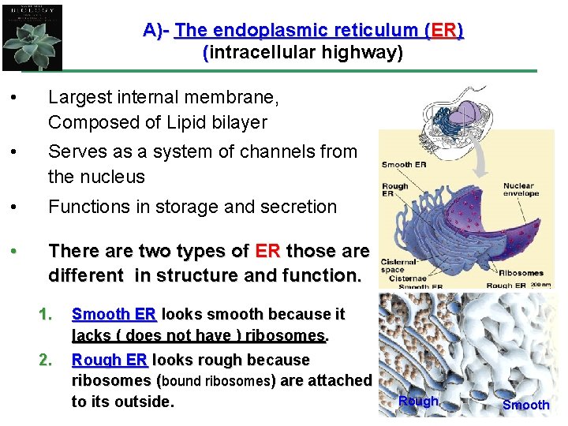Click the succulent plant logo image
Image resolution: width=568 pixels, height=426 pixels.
pos(32,35)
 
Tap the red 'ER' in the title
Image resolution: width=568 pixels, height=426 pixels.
pos(443,31)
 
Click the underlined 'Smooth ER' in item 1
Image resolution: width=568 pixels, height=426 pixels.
pos(114,314)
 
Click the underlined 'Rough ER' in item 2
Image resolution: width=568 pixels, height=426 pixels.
pos(109,360)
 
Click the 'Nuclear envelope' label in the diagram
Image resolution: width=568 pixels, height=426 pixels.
pos(521,189)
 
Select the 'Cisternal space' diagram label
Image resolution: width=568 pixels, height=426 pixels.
pos(398,264)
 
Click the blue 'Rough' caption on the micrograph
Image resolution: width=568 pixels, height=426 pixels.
pos(418,401)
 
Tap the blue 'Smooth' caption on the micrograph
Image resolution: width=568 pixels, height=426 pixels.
pos(525,405)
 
